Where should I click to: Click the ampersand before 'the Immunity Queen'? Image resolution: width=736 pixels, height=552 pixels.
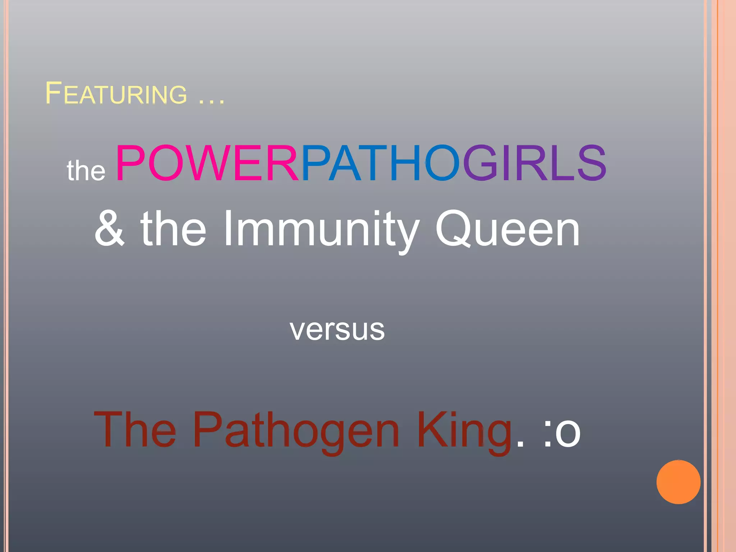coord(110,229)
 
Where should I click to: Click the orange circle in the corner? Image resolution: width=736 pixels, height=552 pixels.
coord(678,482)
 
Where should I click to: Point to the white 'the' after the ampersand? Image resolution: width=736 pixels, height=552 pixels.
coord(174,229)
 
